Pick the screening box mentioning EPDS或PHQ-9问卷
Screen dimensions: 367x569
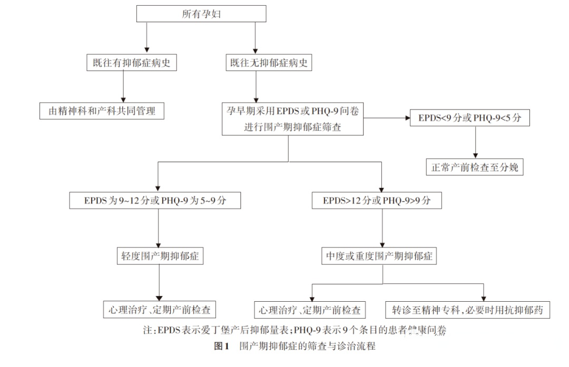point(292,118)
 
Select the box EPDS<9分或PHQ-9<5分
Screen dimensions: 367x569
point(470,118)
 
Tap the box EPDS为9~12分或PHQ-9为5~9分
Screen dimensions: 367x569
point(155,201)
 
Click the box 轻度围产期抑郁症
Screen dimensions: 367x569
point(160,256)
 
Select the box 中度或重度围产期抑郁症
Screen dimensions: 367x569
point(379,256)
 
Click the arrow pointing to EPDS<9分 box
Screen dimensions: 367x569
point(387,118)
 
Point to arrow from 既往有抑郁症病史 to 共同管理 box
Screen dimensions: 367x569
point(124,87)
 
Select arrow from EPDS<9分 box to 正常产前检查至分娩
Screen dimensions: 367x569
point(476,142)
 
